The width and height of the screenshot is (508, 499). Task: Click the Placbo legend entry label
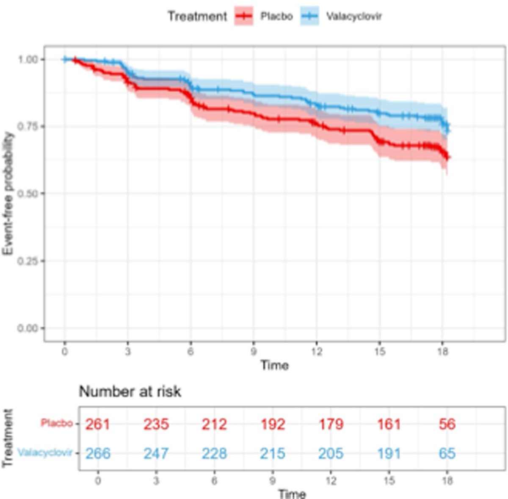[276, 17]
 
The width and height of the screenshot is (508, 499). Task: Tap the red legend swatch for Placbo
[244, 17]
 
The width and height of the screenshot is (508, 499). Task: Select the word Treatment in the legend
[197, 17]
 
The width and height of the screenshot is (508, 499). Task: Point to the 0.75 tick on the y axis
[30, 126]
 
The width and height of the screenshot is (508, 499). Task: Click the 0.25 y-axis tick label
[30, 261]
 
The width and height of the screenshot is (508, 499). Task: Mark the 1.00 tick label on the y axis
[30, 59]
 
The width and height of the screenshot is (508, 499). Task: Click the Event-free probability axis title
[8, 194]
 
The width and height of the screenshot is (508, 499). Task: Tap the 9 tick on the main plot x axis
[254, 351]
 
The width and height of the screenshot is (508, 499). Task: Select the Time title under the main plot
[274, 365]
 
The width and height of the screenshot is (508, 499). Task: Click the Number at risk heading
[130, 391]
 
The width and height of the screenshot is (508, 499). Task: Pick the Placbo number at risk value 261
[98, 424]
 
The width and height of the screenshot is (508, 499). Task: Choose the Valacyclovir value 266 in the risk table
[98, 453]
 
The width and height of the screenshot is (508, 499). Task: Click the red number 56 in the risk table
[447, 424]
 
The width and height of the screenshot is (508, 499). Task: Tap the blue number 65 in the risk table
[447, 453]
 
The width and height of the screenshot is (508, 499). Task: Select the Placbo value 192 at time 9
[273, 424]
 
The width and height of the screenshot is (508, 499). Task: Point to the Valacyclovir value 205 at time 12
[331, 453]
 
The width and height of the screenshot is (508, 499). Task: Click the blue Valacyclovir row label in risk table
[45, 453]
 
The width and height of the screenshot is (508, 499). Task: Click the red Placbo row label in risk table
[56, 423]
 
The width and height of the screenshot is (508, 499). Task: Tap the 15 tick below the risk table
[389, 481]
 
